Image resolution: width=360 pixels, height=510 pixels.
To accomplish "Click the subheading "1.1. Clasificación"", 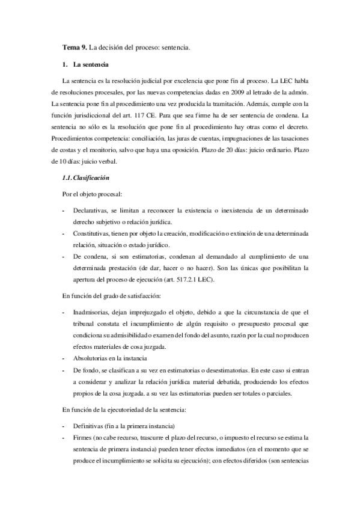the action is click(86, 178).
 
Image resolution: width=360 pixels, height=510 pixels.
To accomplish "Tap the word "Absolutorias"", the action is click(93, 357).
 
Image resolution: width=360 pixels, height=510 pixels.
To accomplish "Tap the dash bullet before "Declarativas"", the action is click(64, 211).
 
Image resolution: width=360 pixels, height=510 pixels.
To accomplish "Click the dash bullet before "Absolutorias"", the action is click(64, 357).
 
